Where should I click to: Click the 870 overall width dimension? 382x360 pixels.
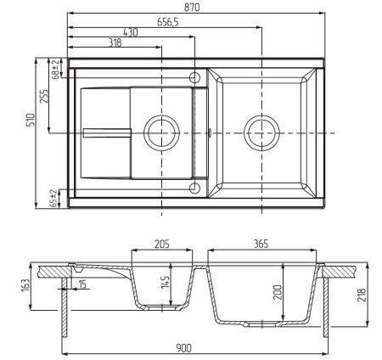(196, 7)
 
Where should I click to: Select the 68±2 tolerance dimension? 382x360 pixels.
(55, 68)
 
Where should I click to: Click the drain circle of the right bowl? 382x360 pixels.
(260, 133)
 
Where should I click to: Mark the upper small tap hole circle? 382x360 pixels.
(195, 78)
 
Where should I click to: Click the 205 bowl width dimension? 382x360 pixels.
(162, 244)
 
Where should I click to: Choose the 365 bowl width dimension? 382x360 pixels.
(261, 244)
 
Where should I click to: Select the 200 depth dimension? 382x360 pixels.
(278, 293)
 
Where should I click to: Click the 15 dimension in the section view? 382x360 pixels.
(81, 284)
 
